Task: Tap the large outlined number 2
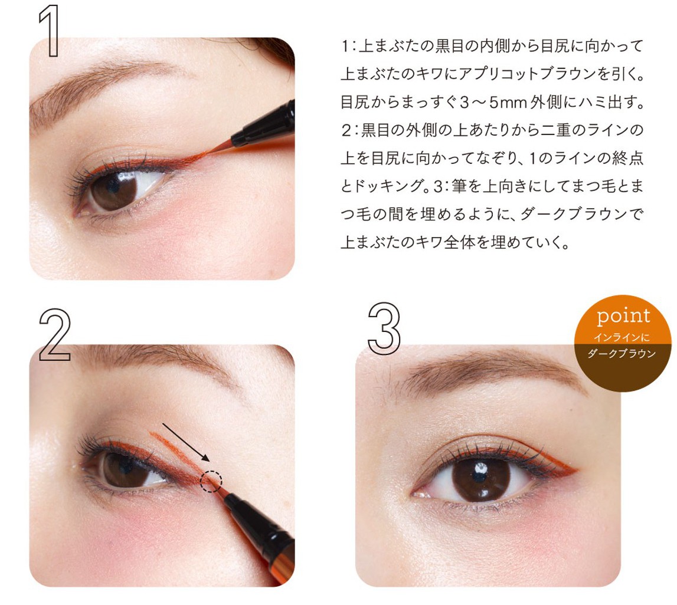pos(55,335)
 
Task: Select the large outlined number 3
pos(384,328)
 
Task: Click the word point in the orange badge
pos(623,317)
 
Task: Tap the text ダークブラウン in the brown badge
pos(622,354)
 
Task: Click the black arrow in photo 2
pos(186,443)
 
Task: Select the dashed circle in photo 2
pos(211,481)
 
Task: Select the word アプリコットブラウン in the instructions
pos(526,74)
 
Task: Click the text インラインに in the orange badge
pos(622,337)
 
